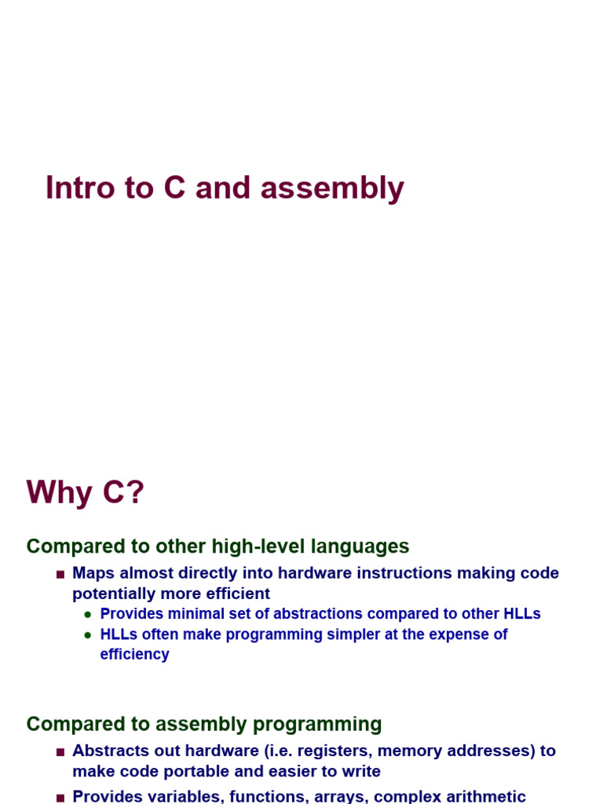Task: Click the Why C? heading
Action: [86, 493]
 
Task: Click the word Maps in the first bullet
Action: [93, 573]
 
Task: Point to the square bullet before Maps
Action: [60, 574]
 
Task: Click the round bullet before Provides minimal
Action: [88, 615]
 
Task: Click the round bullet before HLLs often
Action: [88, 635]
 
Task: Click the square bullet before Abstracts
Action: [60, 751]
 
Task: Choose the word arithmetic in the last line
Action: [486, 796]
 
